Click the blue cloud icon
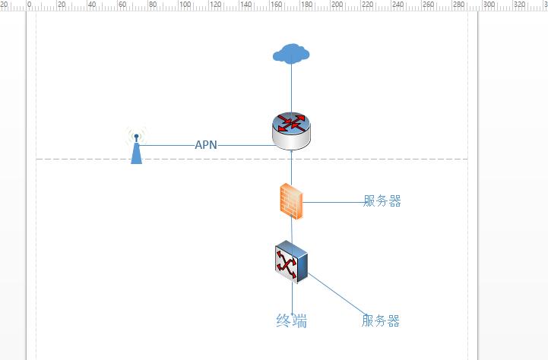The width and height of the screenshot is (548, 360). pos(291,53)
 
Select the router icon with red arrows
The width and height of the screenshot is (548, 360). pos(291,130)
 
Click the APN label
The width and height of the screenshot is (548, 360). pos(206,145)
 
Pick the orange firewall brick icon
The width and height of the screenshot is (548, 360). pos(291,202)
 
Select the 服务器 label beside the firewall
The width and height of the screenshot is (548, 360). pos(382,201)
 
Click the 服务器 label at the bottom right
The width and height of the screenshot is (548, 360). pos(380,321)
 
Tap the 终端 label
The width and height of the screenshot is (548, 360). pos(292,321)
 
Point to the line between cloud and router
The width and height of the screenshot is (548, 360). pos(291,87)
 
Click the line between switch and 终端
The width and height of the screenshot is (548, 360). pos(292,296)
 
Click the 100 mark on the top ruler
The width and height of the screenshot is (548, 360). pos(184,5)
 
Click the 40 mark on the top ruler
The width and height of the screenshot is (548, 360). pos(93,5)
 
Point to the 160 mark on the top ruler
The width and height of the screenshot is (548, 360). pos(277,5)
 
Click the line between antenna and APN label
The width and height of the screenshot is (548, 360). pos(167,145)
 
